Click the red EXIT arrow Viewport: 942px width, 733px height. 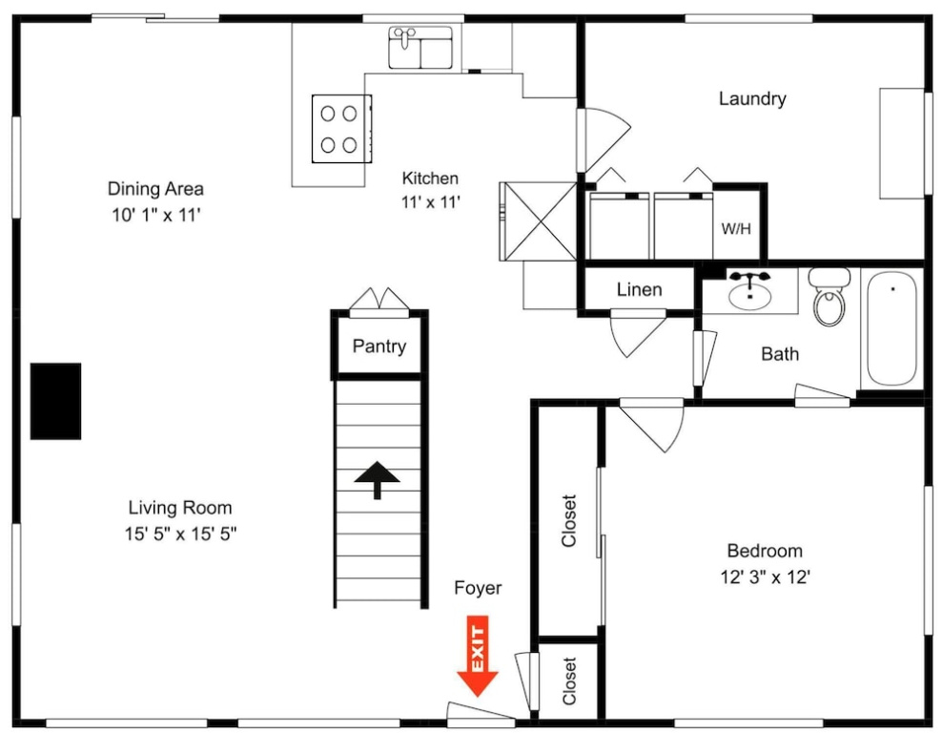pyautogui.click(x=478, y=656)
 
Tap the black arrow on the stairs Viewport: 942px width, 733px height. pyautogui.click(x=378, y=480)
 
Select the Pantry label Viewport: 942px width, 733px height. pyautogui.click(x=379, y=346)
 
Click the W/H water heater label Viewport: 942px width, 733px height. pyautogui.click(x=736, y=228)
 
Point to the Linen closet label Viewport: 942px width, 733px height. pyautogui.click(x=639, y=289)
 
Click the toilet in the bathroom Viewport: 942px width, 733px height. pyautogui.click(x=829, y=297)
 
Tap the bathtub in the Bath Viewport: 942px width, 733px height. pyautogui.click(x=892, y=328)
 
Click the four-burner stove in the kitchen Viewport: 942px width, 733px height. pyautogui.click(x=341, y=129)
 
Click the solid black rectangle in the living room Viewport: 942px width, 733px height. pyautogui.click(x=56, y=401)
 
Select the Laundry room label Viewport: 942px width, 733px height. pyautogui.click(x=752, y=98)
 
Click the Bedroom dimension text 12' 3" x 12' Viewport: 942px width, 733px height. pyautogui.click(x=766, y=577)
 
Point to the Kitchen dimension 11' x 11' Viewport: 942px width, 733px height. pyautogui.click(x=431, y=202)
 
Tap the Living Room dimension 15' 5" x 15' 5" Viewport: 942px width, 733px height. pyautogui.click(x=180, y=534)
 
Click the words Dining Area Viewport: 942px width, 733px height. pyautogui.click(x=155, y=189)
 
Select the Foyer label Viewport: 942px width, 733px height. pyautogui.click(x=478, y=588)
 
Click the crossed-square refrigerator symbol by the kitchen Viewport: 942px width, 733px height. pyautogui.click(x=539, y=221)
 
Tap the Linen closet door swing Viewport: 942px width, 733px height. pyautogui.click(x=639, y=334)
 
